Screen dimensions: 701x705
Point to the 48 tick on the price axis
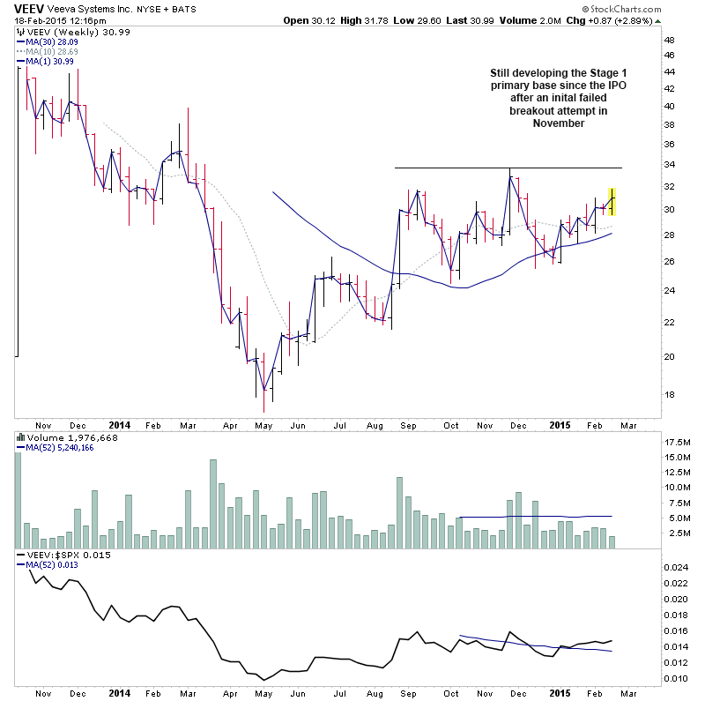(669, 40)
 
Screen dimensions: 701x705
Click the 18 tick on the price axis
(669, 394)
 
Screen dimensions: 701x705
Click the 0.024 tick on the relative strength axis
(677, 568)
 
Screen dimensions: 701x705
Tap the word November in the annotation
(558, 124)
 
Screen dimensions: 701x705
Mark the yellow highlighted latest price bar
(612, 202)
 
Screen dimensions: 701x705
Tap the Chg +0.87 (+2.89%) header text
(636, 20)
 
